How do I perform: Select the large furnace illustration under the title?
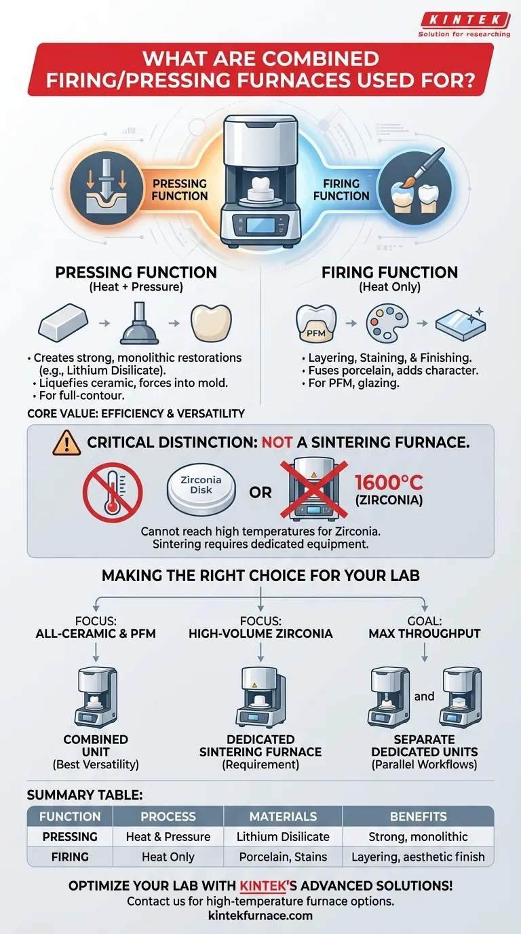pyautogui.click(x=260, y=180)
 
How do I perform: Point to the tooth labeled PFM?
pyautogui.click(x=316, y=324)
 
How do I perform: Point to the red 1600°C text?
pyautogui.click(x=389, y=483)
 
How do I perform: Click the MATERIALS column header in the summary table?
pyautogui.click(x=282, y=817)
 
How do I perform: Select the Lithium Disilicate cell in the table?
pyautogui.click(x=282, y=837)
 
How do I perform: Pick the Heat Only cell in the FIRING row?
pyautogui.click(x=168, y=857)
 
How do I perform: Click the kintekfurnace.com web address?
pyautogui.click(x=260, y=916)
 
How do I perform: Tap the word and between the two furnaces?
pyautogui.click(x=425, y=696)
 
